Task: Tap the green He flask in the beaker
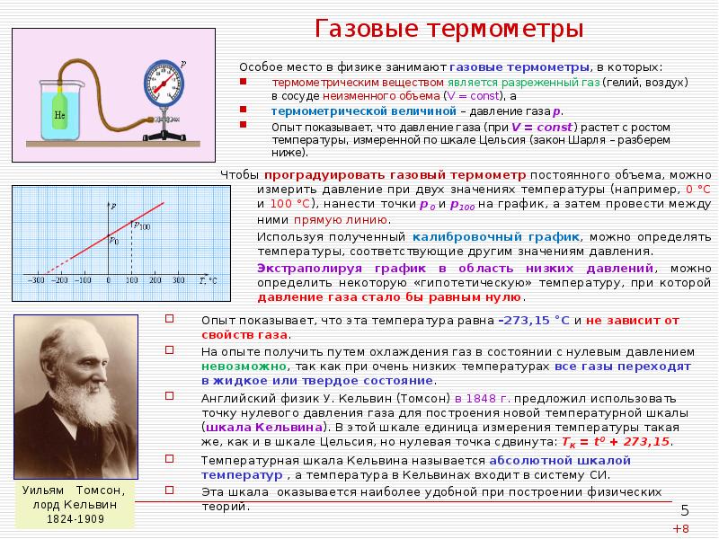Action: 58,115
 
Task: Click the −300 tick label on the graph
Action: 38,281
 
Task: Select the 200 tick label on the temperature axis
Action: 156,281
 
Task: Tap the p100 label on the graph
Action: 142,225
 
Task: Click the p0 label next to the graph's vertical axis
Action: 113,240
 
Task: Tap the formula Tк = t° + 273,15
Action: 617,442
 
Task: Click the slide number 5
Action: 684,510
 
